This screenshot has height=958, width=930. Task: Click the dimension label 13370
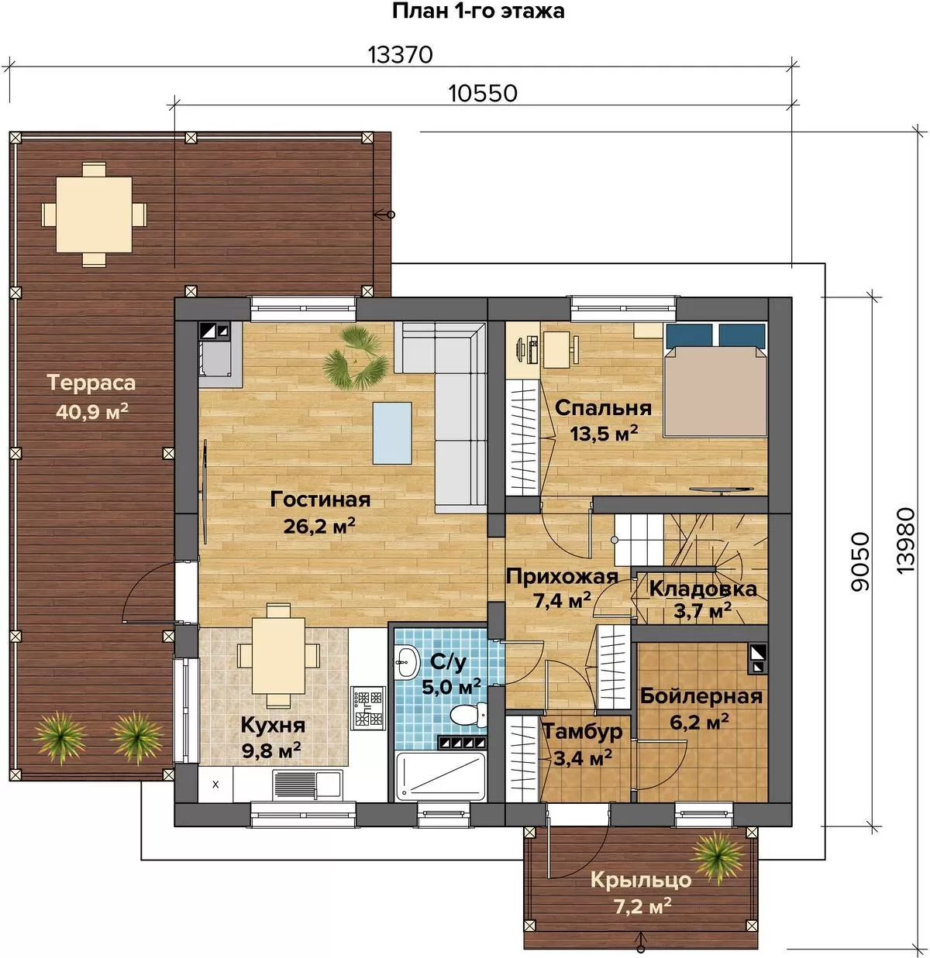(x=401, y=55)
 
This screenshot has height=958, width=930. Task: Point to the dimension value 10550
(x=483, y=94)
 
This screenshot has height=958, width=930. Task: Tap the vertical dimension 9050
(x=860, y=561)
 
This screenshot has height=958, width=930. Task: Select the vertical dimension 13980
(x=905, y=541)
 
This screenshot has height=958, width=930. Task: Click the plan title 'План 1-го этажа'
(x=478, y=12)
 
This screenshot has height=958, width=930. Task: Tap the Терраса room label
(x=91, y=383)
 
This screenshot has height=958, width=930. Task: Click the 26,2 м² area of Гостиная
(x=319, y=526)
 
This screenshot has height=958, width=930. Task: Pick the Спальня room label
(x=603, y=408)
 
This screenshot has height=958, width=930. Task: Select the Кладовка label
(x=703, y=589)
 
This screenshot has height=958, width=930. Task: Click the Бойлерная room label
(x=701, y=696)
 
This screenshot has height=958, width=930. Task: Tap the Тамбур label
(x=583, y=732)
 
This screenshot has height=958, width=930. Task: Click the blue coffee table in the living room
(x=392, y=433)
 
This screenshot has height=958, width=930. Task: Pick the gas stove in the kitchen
(x=367, y=709)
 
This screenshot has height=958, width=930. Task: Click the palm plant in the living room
(x=355, y=359)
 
